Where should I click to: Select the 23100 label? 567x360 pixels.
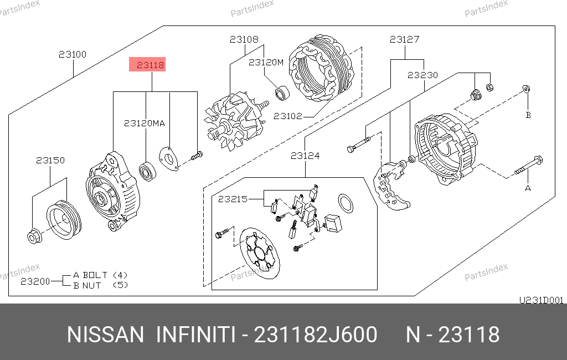pos(73,55)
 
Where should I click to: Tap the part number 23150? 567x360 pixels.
pos(50,160)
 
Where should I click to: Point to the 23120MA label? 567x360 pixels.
pos(145,124)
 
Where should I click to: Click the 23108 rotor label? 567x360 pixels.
pos(244,39)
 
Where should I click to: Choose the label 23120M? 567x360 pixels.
pos(266,63)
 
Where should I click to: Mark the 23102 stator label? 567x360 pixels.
pos(288,116)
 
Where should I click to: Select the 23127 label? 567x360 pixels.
pos(404,39)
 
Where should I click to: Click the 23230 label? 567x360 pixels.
pos(422,75)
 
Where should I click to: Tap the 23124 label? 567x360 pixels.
pos(305,156)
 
